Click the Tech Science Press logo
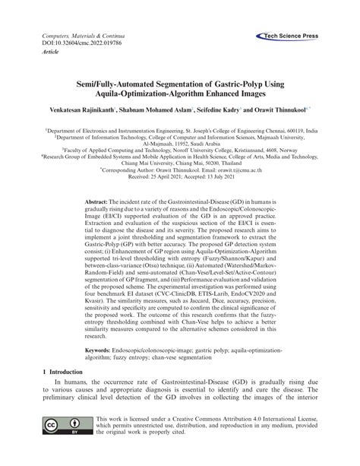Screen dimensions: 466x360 pos(291,35)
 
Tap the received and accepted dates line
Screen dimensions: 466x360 pos(180,179)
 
